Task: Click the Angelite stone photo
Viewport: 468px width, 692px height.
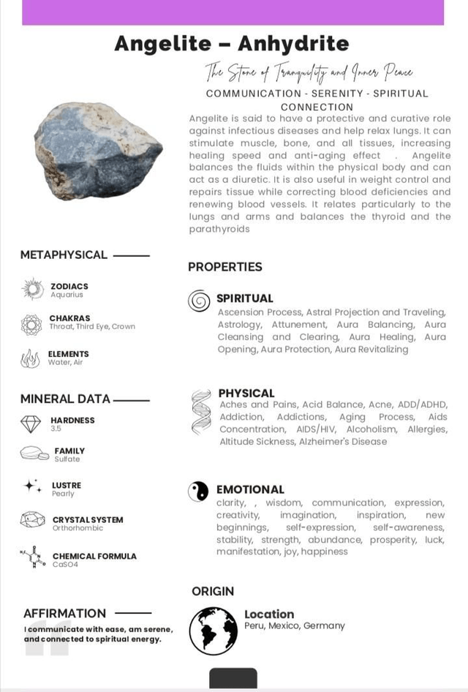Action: point(98,149)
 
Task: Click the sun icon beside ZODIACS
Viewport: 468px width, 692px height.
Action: point(33,290)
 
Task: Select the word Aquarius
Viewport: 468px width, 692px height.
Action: point(67,295)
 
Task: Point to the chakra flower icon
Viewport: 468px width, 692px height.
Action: point(31,323)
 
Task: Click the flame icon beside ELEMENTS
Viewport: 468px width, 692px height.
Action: point(31,358)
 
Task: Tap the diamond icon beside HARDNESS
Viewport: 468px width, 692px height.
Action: point(31,424)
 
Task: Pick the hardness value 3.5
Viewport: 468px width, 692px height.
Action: point(56,429)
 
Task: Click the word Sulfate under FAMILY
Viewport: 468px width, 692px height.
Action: point(67,459)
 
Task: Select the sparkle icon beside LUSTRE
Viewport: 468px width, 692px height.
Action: point(32,486)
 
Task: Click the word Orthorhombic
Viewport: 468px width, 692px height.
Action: point(78,528)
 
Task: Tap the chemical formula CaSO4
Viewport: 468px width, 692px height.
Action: point(65,565)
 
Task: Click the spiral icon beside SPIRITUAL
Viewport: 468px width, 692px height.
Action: point(199,300)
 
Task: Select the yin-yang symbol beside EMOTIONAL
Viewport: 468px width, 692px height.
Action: point(198,491)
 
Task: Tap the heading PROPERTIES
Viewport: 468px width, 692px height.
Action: point(224,267)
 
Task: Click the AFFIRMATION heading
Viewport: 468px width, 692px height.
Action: point(64,613)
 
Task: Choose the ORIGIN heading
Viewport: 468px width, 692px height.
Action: point(213,591)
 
